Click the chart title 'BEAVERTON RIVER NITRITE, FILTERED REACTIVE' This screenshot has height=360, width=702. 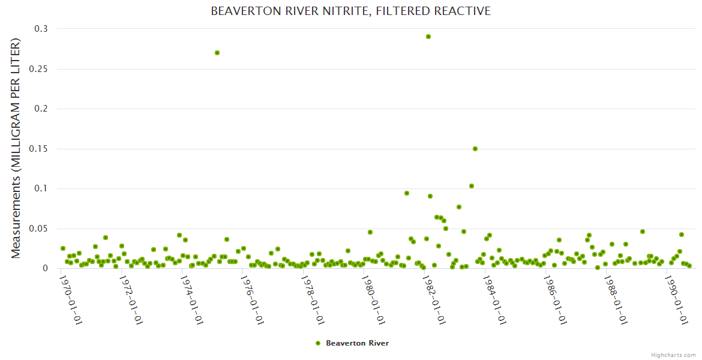(x=350, y=11)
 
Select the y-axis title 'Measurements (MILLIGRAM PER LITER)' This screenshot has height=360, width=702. (x=16, y=148)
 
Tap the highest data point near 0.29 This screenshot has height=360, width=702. (x=428, y=37)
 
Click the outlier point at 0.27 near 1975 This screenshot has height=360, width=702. (x=217, y=53)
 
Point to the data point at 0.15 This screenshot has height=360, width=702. (x=475, y=149)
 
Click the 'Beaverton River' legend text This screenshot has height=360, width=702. (x=357, y=343)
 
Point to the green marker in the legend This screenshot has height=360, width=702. (x=318, y=343)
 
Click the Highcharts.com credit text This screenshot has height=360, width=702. (x=673, y=355)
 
